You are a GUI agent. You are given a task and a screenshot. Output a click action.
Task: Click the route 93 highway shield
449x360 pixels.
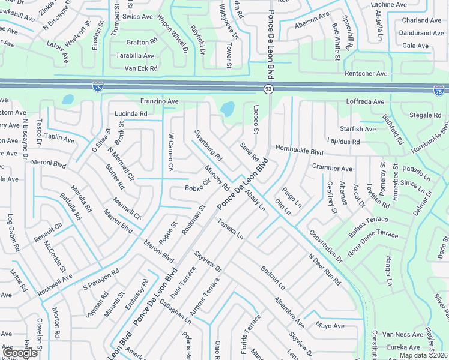click(x=268, y=89)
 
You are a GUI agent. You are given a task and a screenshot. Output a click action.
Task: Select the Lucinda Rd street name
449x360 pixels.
click(x=131, y=113)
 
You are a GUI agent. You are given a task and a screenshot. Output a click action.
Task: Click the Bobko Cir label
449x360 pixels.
click(x=197, y=186)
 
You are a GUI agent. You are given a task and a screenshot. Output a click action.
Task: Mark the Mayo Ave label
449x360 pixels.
click(x=330, y=326)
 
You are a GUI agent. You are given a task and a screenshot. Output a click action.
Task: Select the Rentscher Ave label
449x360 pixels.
click(x=366, y=73)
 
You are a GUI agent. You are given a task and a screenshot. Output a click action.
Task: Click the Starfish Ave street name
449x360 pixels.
click(x=357, y=129)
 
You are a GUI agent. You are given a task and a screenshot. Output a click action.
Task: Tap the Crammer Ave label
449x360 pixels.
click(x=332, y=169)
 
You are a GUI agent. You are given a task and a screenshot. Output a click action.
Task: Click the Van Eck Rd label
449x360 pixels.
click(x=140, y=68)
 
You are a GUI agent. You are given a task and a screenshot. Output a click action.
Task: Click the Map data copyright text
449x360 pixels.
click(x=423, y=355)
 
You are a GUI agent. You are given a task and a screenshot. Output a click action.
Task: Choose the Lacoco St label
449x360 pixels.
click(x=256, y=119)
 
